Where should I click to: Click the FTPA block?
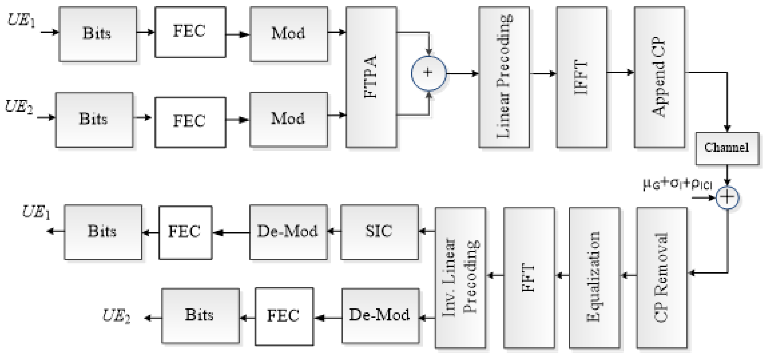[371, 77]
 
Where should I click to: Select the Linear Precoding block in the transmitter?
[504, 77]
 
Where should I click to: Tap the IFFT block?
[581, 77]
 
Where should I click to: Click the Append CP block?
[659, 77]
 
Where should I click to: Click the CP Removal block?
[662, 278]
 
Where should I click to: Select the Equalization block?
[594, 278]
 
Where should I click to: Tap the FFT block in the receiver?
[529, 278]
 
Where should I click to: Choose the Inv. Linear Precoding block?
[460, 278]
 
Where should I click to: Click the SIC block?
[379, 232]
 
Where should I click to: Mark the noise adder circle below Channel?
[727, 198]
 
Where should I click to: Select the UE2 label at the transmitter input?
[18, 107]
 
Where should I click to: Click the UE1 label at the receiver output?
[36, 212]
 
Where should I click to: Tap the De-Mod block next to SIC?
[288, 232]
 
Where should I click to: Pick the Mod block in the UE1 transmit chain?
[289, 34]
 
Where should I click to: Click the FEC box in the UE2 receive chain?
[284, 316]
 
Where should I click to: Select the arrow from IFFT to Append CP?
[620, 72]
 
